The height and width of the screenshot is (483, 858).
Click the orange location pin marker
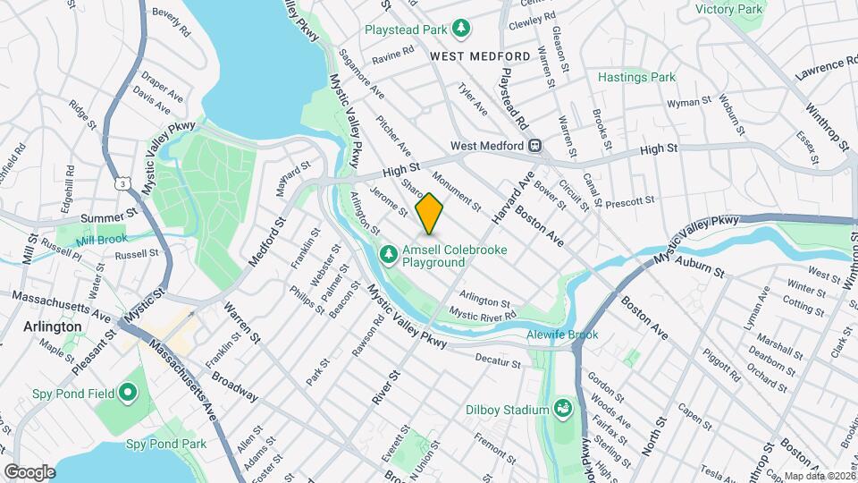coord(430,213)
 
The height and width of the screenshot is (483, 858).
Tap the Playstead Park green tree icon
coord(460,30)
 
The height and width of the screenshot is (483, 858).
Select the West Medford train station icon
coord(534,146)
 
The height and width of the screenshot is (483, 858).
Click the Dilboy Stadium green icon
coord(563,410)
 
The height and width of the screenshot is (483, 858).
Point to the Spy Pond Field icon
coord(127,392)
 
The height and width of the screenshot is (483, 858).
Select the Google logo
coord(29,471)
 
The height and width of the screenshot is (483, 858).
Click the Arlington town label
coord(53,327)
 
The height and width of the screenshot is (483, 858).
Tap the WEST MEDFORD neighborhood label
coord(479,55)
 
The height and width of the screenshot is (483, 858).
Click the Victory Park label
coord(729,9)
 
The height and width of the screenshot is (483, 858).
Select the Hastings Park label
coord(636,78)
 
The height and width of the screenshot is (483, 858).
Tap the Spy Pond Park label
coord(165,444)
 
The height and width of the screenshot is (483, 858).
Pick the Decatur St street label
coord(498,364)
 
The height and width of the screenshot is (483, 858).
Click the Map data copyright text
coord(820,476)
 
